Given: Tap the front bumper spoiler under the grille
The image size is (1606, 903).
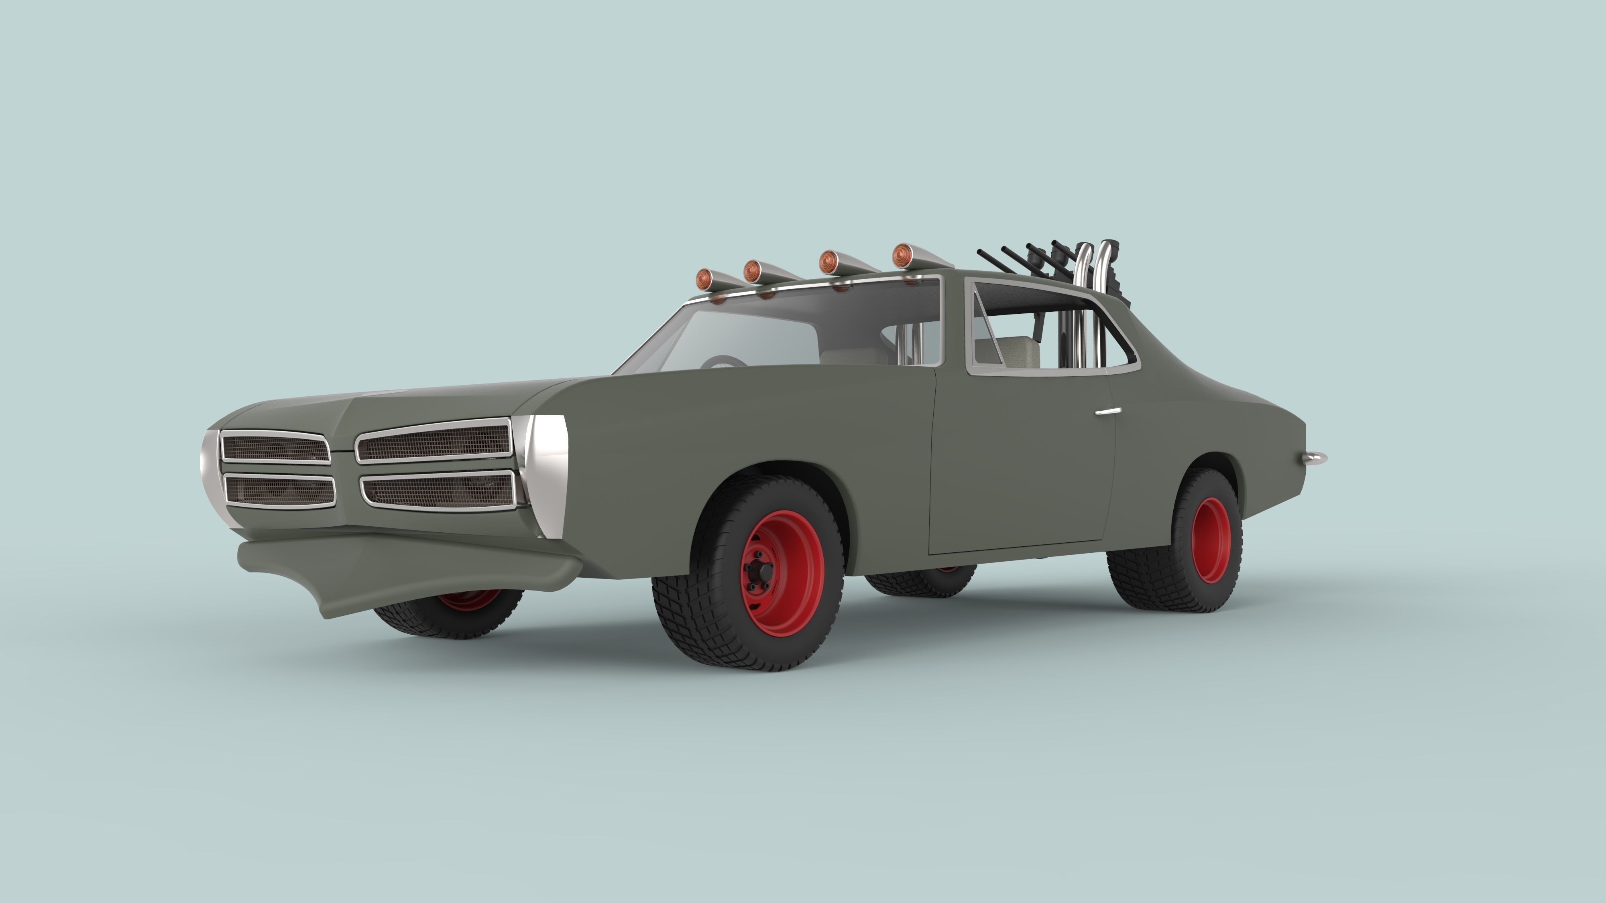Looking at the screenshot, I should pyautogui.click(x=399, y=564).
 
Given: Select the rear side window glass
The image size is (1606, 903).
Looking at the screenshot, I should pyautogui.click(x=1047, y=330).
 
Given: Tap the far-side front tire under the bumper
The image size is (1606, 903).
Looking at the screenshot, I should pyautogui.click(x=449, y=614).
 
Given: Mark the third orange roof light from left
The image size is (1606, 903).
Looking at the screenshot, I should pyautogui.click(x=828, y=262).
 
